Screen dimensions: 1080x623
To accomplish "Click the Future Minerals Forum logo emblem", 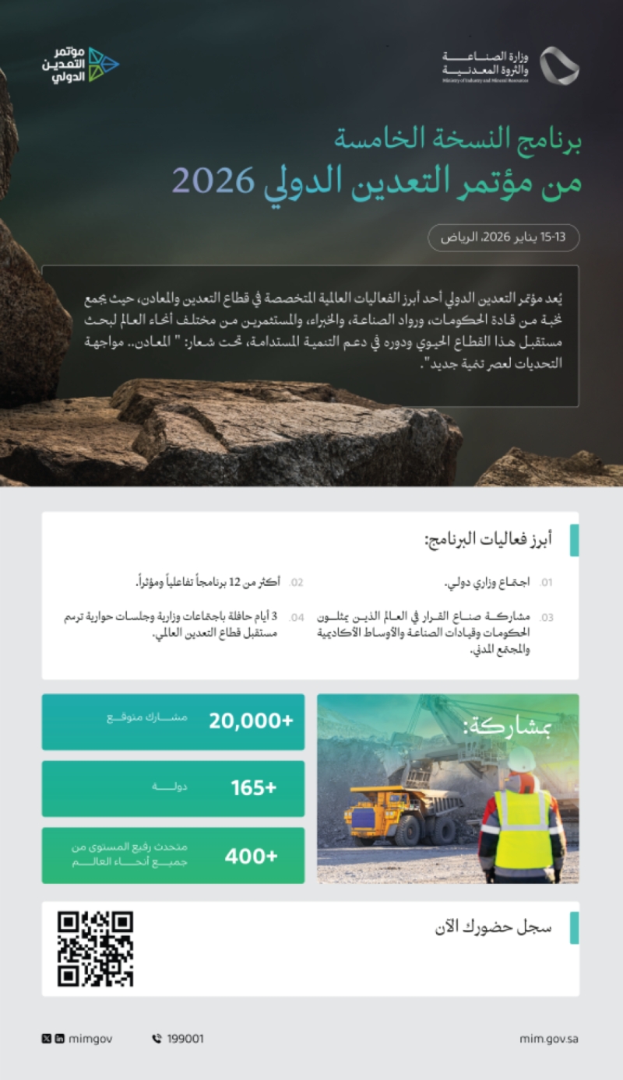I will [x=103, y=65].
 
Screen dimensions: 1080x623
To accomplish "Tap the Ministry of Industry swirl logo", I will [x=559, y=65].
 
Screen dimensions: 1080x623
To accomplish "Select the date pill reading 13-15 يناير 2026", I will [x=504, y=237].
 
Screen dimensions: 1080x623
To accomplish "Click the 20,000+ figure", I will [x=250, y=721].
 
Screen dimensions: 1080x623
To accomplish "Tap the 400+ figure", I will [x=251, y=856].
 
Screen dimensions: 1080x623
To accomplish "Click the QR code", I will [x=95, y=949].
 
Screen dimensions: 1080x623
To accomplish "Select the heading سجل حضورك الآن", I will [x=493, y=927].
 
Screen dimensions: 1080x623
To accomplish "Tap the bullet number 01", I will [x=547, y=582].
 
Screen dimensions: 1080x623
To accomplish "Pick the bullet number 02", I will [x=296, y=582].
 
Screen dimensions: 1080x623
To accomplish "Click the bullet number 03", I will [x=547, y=618].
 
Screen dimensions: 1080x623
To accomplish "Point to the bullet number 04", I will [x=296, y=618].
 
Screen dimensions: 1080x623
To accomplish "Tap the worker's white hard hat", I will [x=522, y=759].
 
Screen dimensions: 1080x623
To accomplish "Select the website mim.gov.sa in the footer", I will [x=548, y=1038].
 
